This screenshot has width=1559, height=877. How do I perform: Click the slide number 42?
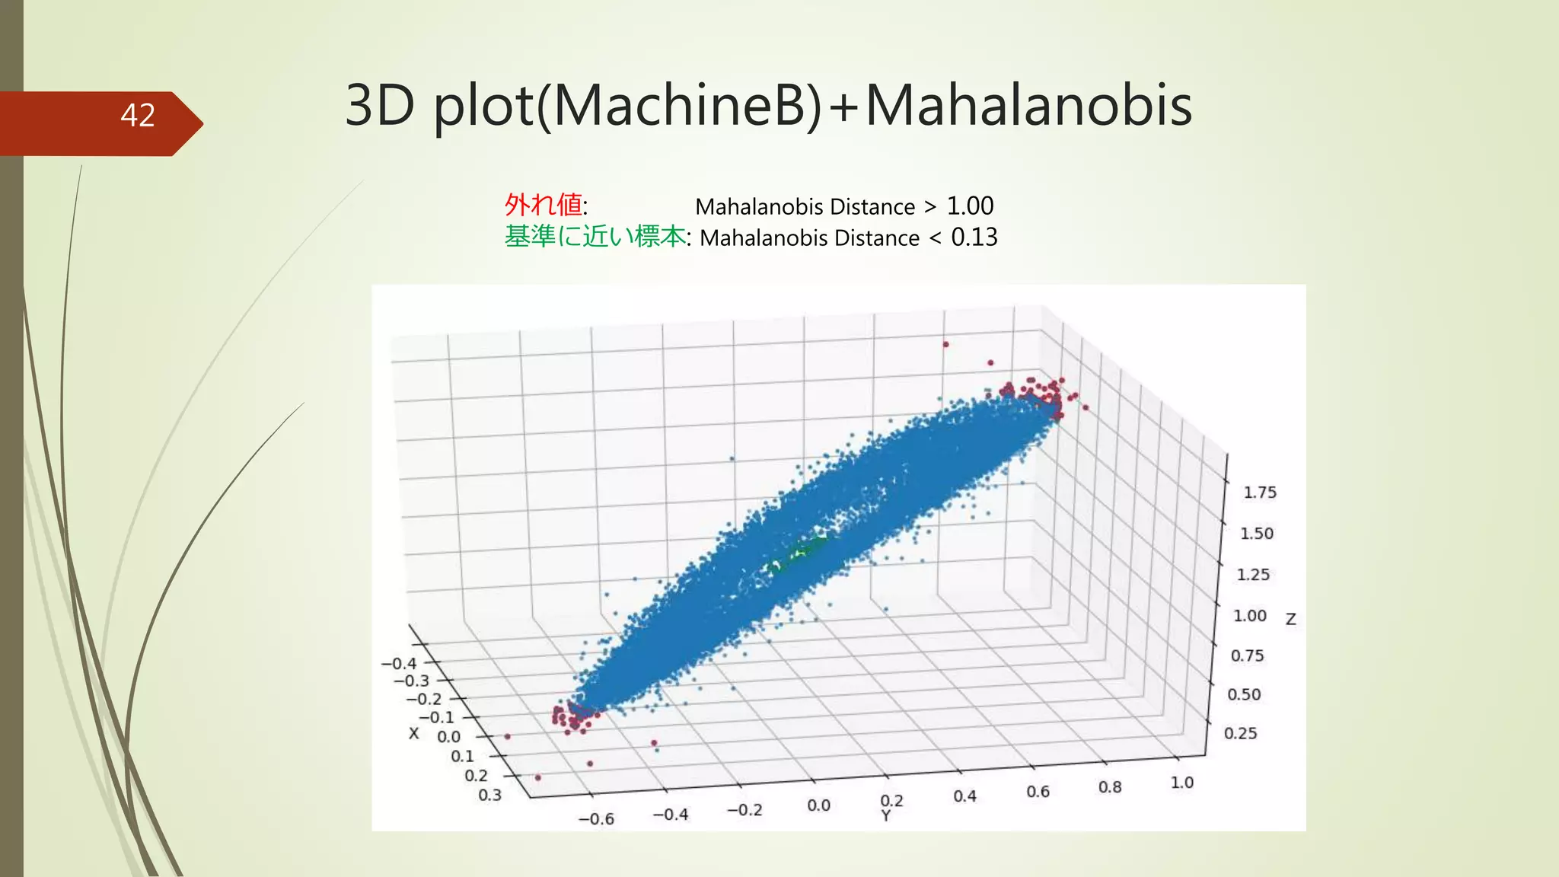(138, 116)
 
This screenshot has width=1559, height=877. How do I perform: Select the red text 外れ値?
(544, 205)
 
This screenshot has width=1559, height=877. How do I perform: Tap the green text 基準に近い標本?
(595, 237)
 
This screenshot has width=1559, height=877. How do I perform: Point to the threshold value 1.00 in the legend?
(970, 206)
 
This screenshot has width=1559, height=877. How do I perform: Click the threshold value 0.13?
(974, 238)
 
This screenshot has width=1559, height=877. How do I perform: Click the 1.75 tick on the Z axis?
(1260, 493)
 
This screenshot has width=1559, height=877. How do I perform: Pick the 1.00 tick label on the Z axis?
(1250, 615)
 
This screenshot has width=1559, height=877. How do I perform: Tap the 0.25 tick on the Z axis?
(1240, 733)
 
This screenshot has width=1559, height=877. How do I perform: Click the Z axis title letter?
(1291, 620)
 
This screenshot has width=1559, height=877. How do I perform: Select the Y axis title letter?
(885, 817)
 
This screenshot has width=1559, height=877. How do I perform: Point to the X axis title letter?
(413, 733)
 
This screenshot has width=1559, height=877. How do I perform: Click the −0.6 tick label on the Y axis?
(596, 819)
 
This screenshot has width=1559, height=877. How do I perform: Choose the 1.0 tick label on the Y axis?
(1181, 782)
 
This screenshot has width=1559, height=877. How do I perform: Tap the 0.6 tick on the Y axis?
(1038, 792)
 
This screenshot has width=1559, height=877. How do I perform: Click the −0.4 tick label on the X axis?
(399, 664)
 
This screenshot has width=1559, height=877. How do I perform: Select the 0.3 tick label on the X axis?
(489, 795)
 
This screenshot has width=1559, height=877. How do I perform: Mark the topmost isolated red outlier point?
(945, 344)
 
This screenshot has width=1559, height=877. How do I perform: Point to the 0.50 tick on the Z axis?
(1244, 694)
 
